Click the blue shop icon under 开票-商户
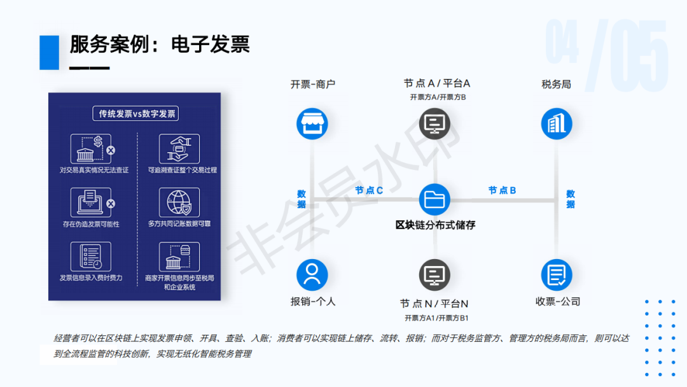pyautogui.click(x=312, y=123)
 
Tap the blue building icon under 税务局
pyautogui.click(x=557, y=123)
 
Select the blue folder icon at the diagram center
pyautogui.click(x=434, y=200)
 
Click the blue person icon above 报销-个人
pyautogui.click(x=312, y=275)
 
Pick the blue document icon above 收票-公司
pyautogui.click(x=557, y=275)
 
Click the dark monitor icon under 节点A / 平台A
pyautogui.click(x=434, y=123)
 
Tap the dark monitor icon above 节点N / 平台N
pyautogui.click(x=434, y=275)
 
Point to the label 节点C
pyautogui.click(x=369, y=190)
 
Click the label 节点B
pyautogui.click(x=502, y=190)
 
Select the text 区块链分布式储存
pyautogui.click(x=435, y=225)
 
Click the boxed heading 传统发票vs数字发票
pyautogui.click(x=136, y=113)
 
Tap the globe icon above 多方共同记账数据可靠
pyautogui.click(x=179, y=202)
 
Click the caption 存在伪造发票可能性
pyautogui.click(x=91, y=224)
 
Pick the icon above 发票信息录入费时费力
pyautogui.click(x=91, y=257)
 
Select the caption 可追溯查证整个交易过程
pyautogui.click(x=183, y=170)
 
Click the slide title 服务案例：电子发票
pyautogui.click(x=160, y=45)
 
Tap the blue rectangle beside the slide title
pyautogui.click(x=49, y=52)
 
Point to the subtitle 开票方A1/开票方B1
pyautogui.click(x=436, y=318)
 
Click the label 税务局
pyautogui.click(x=556, y=84)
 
